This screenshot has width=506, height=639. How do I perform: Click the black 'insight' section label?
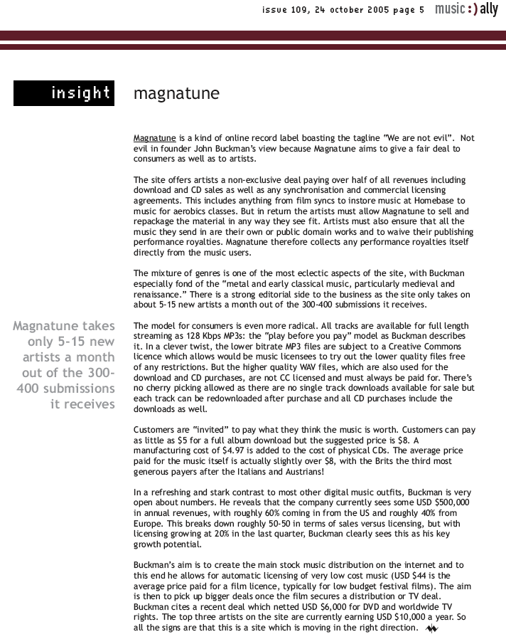point(64,93)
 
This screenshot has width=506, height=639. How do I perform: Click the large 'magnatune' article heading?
point(176,94)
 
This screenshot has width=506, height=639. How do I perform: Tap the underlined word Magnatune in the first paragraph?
point(154,138)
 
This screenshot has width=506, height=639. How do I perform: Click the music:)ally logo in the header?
point(466,9)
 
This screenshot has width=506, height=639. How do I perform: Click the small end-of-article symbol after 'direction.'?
point(431,629)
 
